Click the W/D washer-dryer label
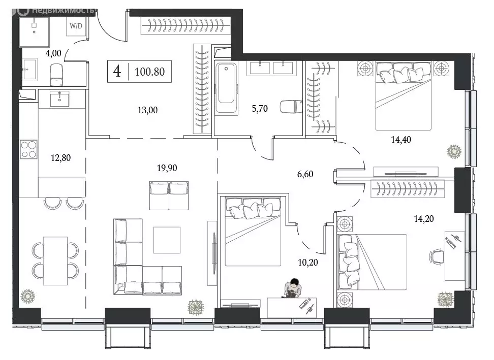(x=76, y=26)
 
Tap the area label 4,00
(x=53, y=53)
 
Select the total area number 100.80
(x=149, y=72)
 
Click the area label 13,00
(x=147, y=110)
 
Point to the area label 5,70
(x=260, y=109)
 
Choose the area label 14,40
(x=401, y=140)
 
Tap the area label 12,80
(x=60, y=157)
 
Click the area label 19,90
(x=167, y=168)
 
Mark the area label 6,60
(x=305, y=174)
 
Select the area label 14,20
(x=424, y=219)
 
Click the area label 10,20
(x=308, y=263)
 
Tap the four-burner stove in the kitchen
(x=28, y=149)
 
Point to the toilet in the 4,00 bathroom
(x=56, y=75)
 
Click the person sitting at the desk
(x=292, y=288)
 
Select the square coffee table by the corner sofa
(x=167, y=240)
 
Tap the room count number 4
(x=117, y=72)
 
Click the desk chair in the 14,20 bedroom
(x=437, y=255)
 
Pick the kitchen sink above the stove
(x=59, y=99)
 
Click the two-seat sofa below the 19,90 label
(x=169, y=195)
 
